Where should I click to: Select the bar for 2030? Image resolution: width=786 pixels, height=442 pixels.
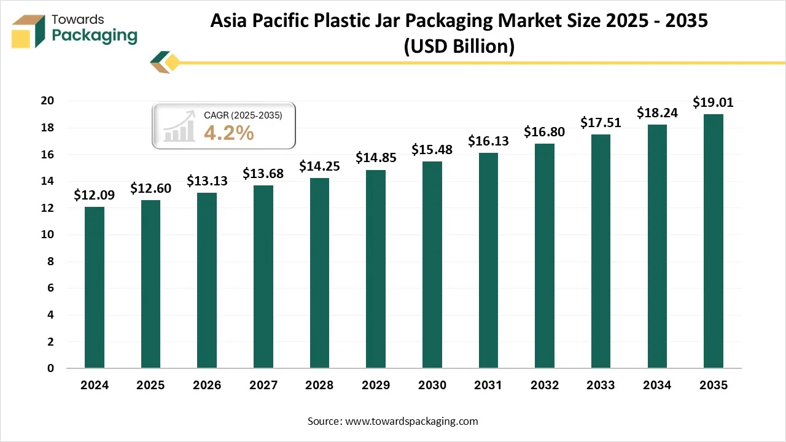(x=432, y=265)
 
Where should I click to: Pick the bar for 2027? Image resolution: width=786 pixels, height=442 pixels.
(x=263, y=277)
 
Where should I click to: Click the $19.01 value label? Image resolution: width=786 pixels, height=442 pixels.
(x=713, y=103)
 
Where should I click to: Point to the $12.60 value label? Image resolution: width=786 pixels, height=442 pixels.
(x=150, y=188)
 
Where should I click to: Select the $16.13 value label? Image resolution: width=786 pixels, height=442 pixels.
(x=488, y=141)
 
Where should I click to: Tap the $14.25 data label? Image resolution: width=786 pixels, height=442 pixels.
(x=319, y=166)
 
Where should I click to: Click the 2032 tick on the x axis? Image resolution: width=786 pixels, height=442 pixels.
(x=545, y=386)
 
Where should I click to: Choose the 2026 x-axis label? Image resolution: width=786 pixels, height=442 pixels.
(x=207, y=386)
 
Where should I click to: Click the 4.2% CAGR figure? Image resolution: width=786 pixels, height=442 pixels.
(x=228, y=133)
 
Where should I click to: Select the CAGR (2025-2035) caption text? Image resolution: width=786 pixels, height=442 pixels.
(x=243, y=115)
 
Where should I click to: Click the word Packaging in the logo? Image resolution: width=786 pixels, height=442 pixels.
(x=95, y=36)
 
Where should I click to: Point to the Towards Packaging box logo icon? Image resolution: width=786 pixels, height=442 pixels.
(x=29, y=31)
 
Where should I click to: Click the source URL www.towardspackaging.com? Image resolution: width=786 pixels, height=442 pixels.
(x=411, y=421)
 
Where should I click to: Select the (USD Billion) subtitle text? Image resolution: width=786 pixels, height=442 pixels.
(x=459, y=47)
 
